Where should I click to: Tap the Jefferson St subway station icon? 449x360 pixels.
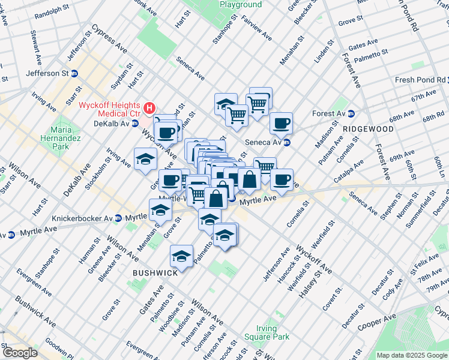click(x=74, y=73)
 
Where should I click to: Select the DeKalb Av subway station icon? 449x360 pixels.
click(x=135, y=124)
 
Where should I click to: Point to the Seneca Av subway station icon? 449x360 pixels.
click(x=287, y=142)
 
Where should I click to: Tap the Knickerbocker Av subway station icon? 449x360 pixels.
click(x=118, y=218)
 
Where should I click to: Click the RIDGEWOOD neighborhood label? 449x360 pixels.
click(x=368, y=129)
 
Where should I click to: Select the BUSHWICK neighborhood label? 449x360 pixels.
click(x=155, y=272)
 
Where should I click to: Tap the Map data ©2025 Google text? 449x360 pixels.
click(x=412, y=355)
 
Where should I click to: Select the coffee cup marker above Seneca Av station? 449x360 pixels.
click(x=281, y=124)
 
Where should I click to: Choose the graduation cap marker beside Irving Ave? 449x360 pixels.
click(x=146, y=160)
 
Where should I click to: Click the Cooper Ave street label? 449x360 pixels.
click(x=376, y=322)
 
